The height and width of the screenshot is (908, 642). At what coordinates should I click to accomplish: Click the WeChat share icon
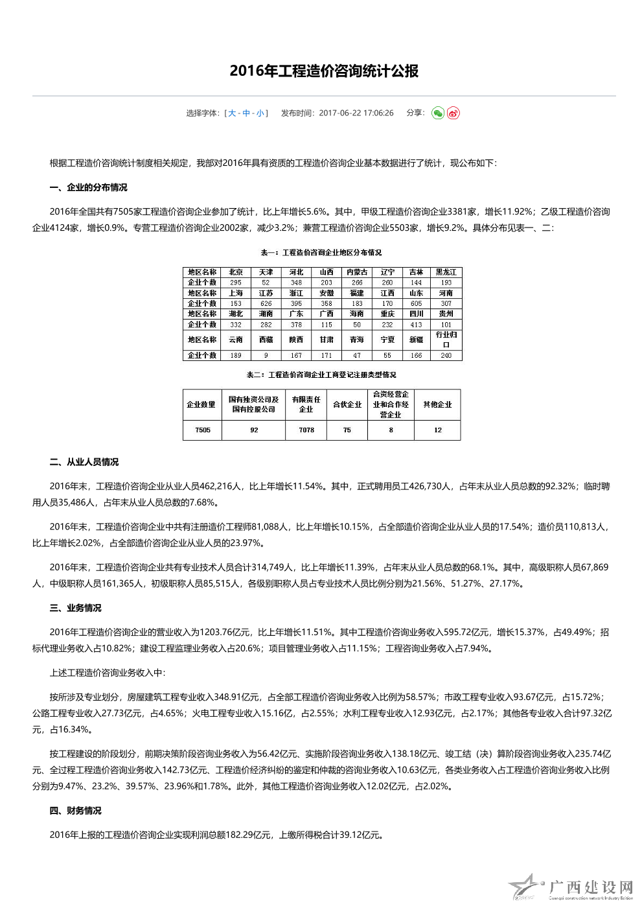[438, 113]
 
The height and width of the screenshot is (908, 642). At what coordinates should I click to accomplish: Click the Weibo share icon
[453, 113]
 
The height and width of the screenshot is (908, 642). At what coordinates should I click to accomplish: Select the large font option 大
[232, 113]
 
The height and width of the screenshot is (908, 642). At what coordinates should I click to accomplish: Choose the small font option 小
[260, 113]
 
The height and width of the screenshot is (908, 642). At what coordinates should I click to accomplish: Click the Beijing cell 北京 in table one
[236, 272]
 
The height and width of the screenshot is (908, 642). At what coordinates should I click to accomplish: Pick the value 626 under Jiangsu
[266, 303]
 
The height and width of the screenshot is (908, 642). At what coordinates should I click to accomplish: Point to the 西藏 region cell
[266, 340]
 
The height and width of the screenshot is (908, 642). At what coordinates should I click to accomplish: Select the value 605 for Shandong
[416, 303]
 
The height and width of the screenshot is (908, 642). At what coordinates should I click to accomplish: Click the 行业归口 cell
[446, 340]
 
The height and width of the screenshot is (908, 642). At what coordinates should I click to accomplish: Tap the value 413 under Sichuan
[416, 325]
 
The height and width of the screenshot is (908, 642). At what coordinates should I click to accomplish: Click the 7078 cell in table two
[306, 430]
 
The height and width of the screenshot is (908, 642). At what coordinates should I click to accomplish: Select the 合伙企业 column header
[347, 404]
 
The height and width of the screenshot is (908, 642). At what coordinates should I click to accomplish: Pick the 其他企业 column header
[438, 404]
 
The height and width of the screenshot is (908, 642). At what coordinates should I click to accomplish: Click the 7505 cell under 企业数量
[203, 430]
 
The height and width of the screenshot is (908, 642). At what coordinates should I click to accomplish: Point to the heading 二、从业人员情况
[84, 462]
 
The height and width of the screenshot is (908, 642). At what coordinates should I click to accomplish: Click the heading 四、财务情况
[75, 811]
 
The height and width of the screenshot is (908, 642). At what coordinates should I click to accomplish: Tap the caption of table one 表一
[321, 253]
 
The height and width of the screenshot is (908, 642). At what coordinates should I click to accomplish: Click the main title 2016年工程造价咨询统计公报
[324, 71]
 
